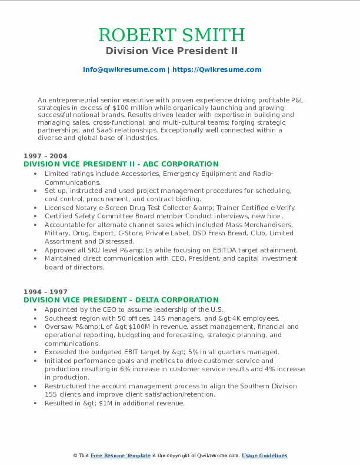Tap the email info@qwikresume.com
point(124,69)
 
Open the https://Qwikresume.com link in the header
point(216,69)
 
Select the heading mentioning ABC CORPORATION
point(121,164)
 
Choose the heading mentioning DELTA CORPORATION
point(121,300)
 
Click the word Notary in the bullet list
point(84,208)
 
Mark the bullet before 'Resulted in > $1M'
point(36,403)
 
